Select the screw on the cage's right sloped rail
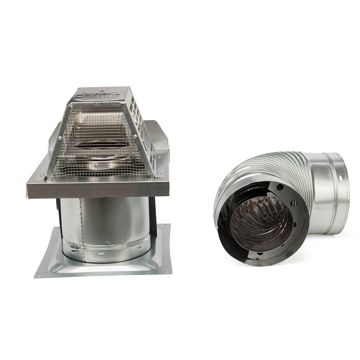pos(135,136)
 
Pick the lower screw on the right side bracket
pos(157,175)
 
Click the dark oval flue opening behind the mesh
pos(103,144)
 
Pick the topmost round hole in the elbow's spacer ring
pos(280,186)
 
